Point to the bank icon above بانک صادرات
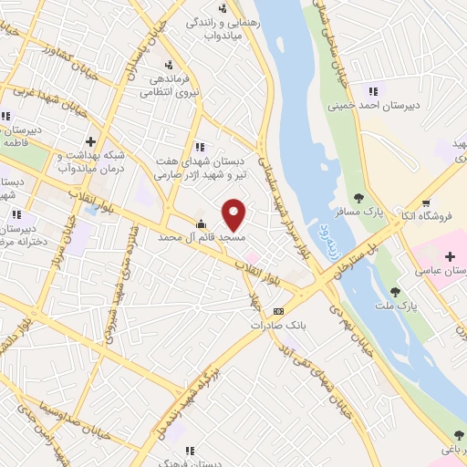(278, 311)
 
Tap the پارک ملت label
(396, 306)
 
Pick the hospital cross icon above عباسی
(450, 257)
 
